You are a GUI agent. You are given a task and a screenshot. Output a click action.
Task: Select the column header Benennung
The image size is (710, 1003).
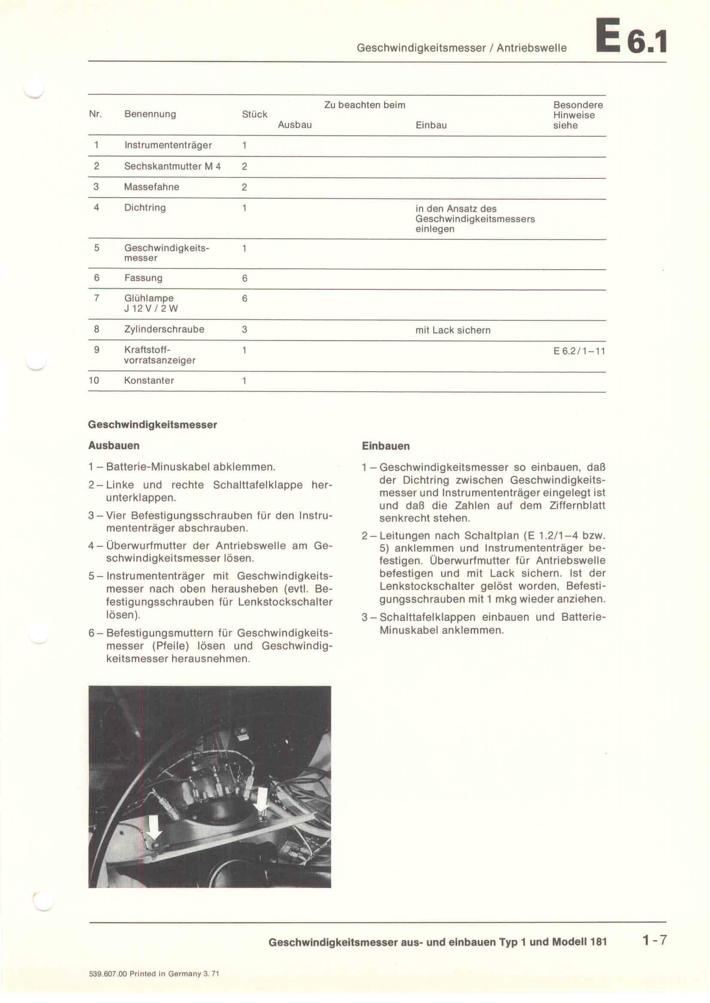click(150, 114)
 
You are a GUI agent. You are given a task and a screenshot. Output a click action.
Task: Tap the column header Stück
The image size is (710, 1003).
click(255, 114)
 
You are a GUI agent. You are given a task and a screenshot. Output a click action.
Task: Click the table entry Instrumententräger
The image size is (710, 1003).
click(168, 145)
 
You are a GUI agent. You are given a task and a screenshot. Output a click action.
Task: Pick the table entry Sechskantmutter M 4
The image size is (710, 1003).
click(172, 166)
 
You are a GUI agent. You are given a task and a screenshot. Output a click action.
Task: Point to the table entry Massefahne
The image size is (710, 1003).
click(151, 187)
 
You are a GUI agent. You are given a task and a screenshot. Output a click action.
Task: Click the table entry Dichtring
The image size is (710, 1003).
click(145, 208)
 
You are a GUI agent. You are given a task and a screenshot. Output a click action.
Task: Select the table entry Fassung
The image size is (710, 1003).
click(143, 278)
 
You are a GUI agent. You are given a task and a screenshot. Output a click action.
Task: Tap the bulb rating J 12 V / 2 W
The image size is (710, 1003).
click(151, 309)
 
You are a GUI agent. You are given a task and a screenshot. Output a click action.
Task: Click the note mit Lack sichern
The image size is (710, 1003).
click(453, 330)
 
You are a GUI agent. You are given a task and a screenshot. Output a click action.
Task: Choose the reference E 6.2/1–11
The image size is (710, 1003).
click(579, 351)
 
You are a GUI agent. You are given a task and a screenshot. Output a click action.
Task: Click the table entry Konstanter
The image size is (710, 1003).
click(149, 380)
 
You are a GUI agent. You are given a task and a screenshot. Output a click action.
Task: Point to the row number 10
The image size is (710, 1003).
click(94, 380)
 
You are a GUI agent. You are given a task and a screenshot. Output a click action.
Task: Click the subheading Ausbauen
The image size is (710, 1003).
click(114, 446)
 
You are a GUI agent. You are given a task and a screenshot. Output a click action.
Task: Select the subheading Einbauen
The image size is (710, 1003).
click(385, 446)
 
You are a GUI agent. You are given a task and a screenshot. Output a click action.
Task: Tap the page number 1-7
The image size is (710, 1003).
click(654, 940)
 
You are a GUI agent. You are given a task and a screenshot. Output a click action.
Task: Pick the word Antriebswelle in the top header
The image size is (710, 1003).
click(531, 48)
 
